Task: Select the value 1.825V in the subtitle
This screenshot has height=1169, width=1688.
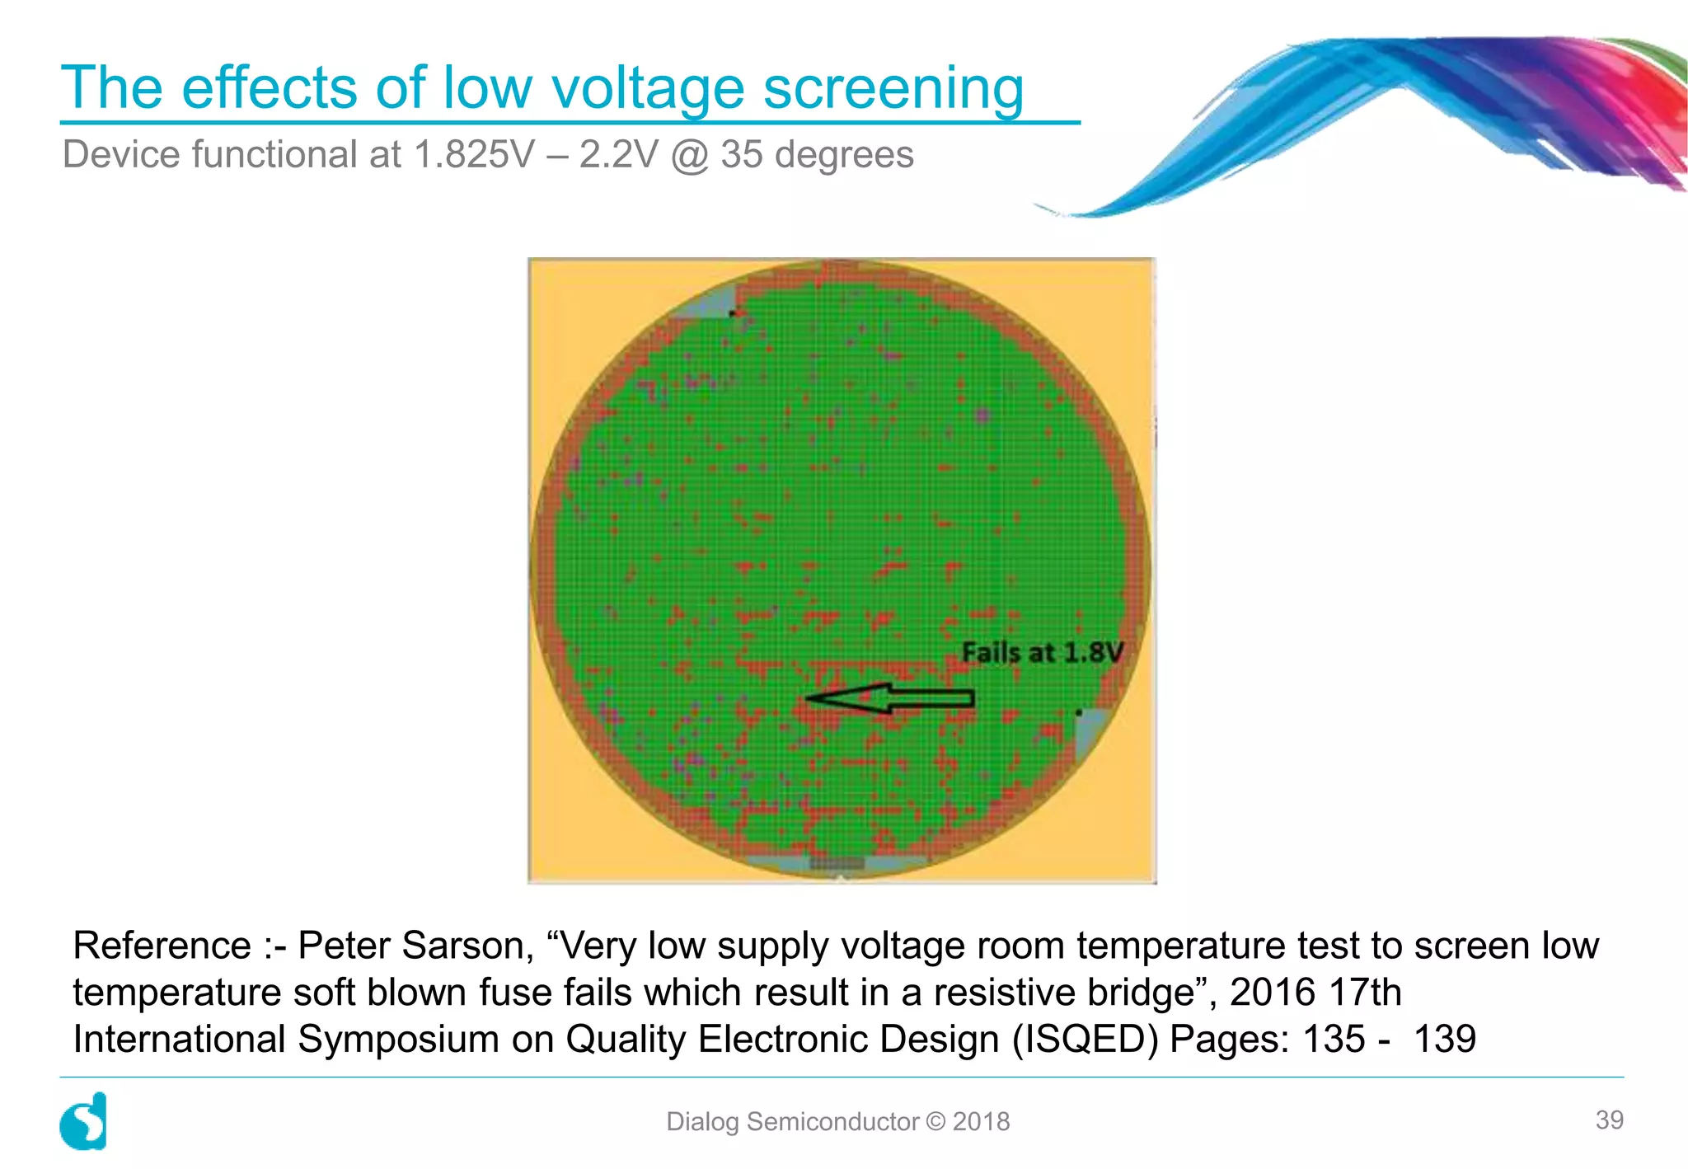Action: coord(474,155)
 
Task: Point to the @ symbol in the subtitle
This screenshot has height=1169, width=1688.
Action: coord(689,155)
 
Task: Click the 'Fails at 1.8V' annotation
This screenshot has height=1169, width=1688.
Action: coord(1043,653)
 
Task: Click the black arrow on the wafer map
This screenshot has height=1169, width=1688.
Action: coord(890,699)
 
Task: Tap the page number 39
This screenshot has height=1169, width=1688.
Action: coord(1609,1120)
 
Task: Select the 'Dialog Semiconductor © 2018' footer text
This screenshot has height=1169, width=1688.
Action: coord(837,1121)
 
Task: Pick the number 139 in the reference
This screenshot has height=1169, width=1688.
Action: coord(1444,1039)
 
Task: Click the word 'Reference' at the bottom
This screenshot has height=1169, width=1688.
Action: coord(162,946)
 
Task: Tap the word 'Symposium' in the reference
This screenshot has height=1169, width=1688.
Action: coord(398,1039)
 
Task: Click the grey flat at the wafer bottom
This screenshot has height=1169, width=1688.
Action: coord(837,863)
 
